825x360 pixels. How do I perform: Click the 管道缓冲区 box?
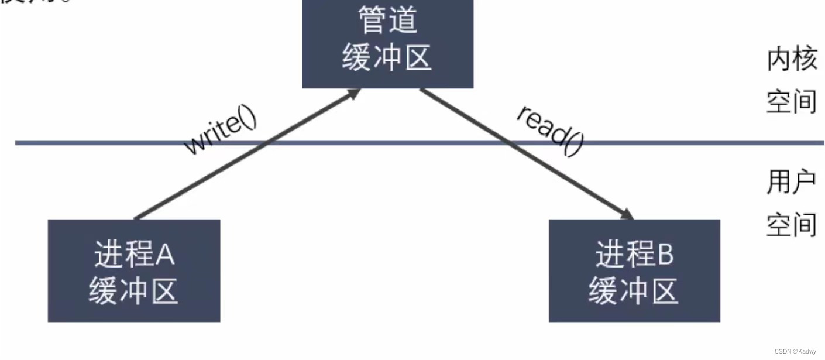pos(387,44)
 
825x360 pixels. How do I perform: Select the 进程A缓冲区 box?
pos(134,270)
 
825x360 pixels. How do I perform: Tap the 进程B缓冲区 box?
pos(634,270)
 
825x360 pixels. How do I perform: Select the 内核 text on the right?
pos(791,60)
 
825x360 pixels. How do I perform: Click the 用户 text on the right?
pos(791,183)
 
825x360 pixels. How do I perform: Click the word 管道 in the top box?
pos(387,20)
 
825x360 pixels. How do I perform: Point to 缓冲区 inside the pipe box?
pos(387,58)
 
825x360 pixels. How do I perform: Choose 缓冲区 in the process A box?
pos(133,290)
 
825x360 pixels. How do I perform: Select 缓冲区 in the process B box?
pos(634,290)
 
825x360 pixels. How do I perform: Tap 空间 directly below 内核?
pos(791,101)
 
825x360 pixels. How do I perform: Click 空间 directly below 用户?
pos(791,225)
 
